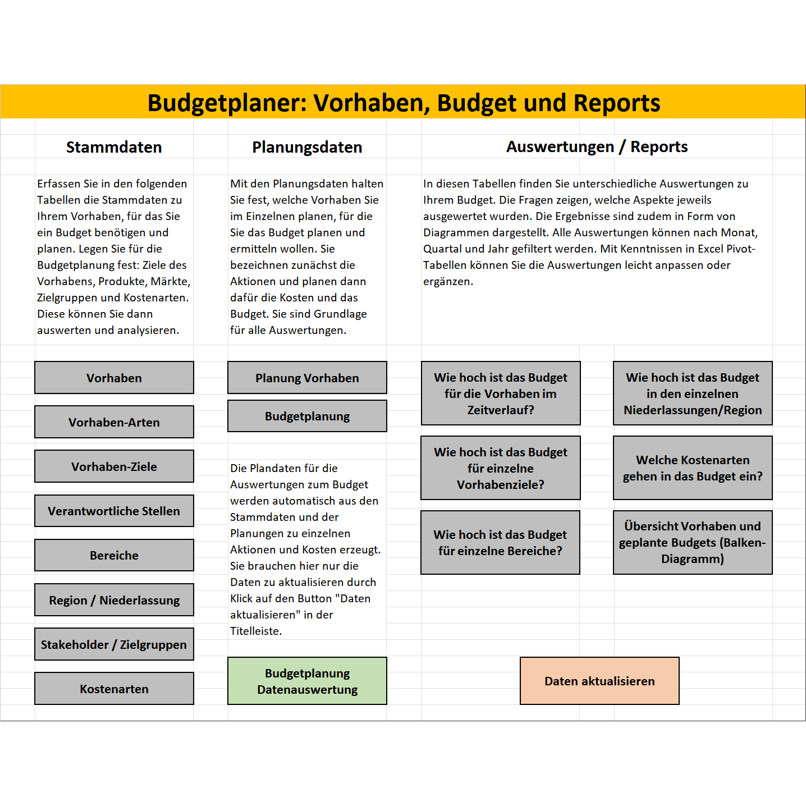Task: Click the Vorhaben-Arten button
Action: [x=114, y=422]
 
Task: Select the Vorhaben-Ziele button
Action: [x=114, y=466]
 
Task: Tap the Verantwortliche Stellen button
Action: [x=114, y=511]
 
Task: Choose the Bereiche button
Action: [x=114, y=555]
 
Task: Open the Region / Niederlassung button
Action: [x=114, y=600]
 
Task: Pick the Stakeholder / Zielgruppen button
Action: [x=114, y=644]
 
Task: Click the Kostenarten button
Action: [x=114, y=689]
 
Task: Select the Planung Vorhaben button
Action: [x=307, y=378]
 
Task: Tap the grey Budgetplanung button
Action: [x=307, y=416]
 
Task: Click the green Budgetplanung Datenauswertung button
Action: [x=307, y=681]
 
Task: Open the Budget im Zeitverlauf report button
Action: [x=501, y=393]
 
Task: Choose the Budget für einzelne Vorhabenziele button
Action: [x=501, y=468]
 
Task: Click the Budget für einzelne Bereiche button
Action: [x=500, y=543]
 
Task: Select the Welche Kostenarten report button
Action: [x=693, y=468]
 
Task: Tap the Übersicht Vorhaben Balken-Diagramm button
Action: [x=693, y=543]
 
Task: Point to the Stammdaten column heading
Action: [x=114, y=147]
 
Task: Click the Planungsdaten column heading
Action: [x=307, y=147]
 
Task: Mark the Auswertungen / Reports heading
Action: [x=597, y=146]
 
